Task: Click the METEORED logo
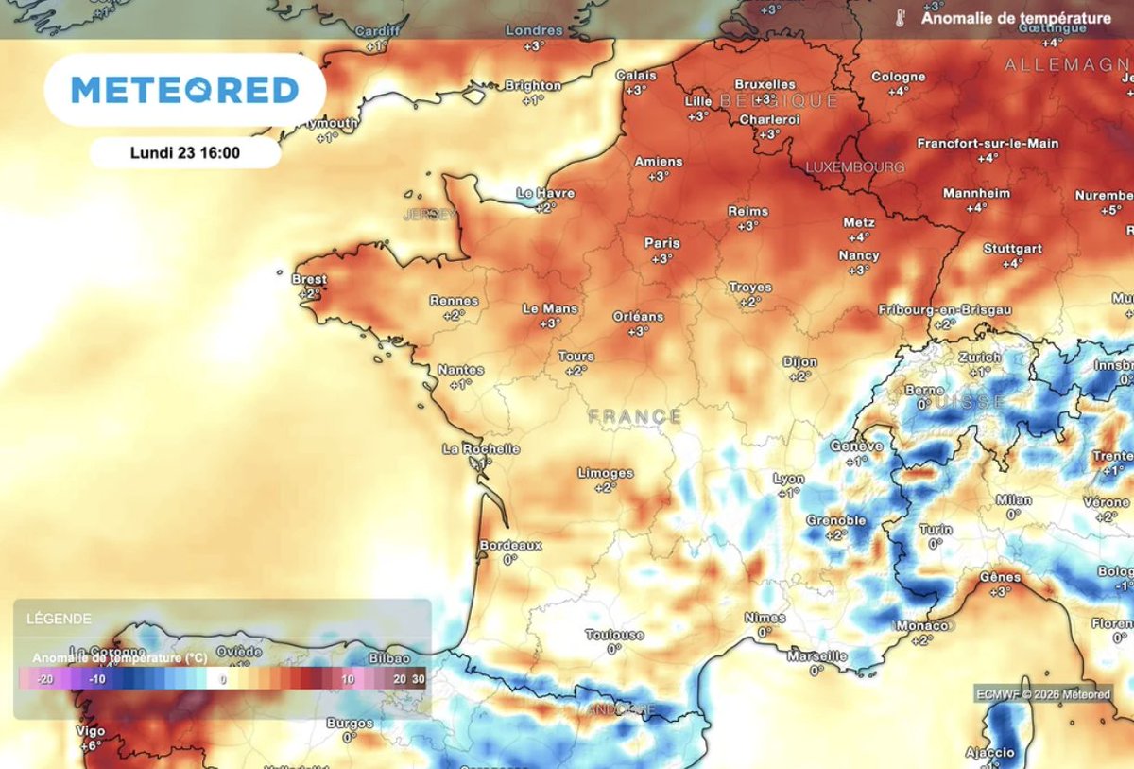tap(185, 91)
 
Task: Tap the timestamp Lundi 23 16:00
tap(185, 152)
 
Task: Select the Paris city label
tap(661, 243)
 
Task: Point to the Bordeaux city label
tap(510, 546)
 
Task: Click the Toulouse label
tap(614, 635)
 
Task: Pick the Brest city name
tap(310, 280)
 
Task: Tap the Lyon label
tap(788, 479)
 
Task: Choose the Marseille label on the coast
tap(816, 655)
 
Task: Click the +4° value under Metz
tap(858, 237)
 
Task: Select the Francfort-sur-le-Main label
tap(988, 144)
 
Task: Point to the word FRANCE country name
tap(634, 416)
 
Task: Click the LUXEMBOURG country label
tap(854, 167)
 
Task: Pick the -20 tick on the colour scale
tap(43, 679)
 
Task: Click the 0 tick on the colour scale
tap(224, 679)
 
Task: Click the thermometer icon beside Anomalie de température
tap(902, 18)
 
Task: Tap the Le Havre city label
tap(545, 193)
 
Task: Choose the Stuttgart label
tap(1012, 249)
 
